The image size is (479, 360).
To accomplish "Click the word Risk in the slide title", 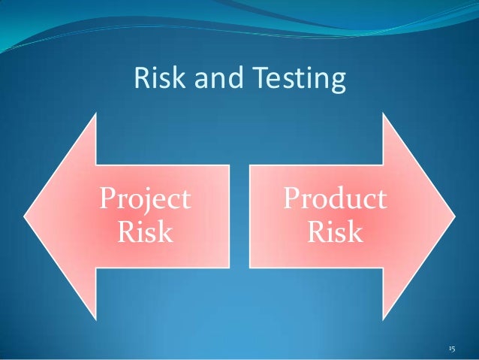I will tap(155, 77).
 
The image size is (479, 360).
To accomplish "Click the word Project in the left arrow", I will tap(145, 199).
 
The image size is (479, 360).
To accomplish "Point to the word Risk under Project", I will tap(145, 232).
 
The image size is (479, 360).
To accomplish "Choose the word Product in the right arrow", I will tap(335, 199).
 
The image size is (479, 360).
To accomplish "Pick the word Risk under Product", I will tap(335, 232).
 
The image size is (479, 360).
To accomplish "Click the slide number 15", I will tap(452, 349).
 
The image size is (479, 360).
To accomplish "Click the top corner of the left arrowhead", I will tap(97, 113).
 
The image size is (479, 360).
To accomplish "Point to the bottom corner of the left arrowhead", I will tap(97, 319).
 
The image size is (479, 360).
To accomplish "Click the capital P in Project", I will tap(108, 199).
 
